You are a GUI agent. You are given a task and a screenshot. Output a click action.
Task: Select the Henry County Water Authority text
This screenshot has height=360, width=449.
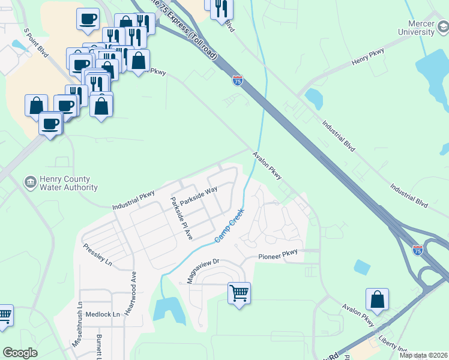[64, 183]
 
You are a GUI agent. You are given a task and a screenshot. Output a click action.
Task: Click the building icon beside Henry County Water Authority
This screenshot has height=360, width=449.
[29, 181]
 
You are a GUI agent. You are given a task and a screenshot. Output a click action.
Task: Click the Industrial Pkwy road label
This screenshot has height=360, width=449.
[133, 200]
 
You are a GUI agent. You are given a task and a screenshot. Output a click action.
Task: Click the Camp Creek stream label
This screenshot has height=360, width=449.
[230, 226]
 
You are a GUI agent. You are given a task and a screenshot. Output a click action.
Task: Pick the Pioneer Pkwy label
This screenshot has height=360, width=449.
[278, 255]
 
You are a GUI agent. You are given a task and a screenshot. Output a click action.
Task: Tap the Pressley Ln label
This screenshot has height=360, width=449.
[98, 254]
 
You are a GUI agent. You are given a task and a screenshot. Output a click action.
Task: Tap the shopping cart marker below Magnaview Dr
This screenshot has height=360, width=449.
[239, 293]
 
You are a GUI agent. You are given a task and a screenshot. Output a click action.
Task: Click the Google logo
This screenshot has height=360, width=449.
[20, 352]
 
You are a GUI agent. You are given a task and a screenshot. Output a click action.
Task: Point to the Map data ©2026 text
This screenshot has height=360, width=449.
[423, 355]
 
